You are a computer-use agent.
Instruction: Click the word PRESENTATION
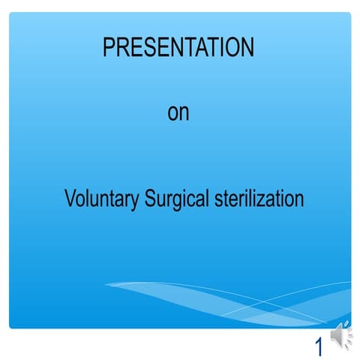click(178, 48)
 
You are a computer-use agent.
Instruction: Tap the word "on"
click(178, 113)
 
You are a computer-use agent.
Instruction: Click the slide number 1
click(319, 346)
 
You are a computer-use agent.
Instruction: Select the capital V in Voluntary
click(70, 199)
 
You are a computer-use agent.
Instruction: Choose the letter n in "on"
click(184, 115)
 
